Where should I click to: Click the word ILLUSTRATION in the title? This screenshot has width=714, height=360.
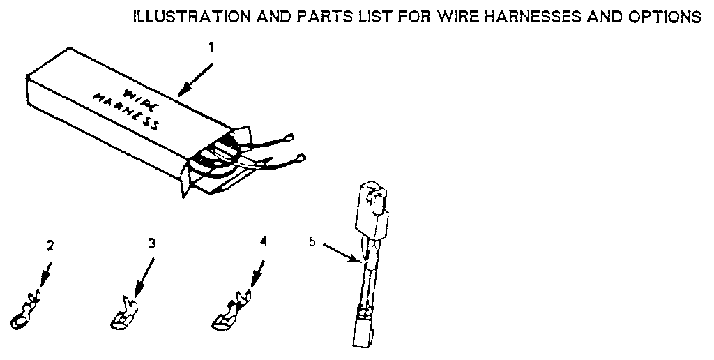(x=177, y=17)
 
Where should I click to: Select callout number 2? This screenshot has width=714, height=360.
(x=50, y=246)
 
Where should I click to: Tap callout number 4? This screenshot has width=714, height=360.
(x=263, y=241)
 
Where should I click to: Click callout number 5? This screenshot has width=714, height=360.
(x=312, y=242)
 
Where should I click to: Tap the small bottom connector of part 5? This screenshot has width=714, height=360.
(x=363, y=331)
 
